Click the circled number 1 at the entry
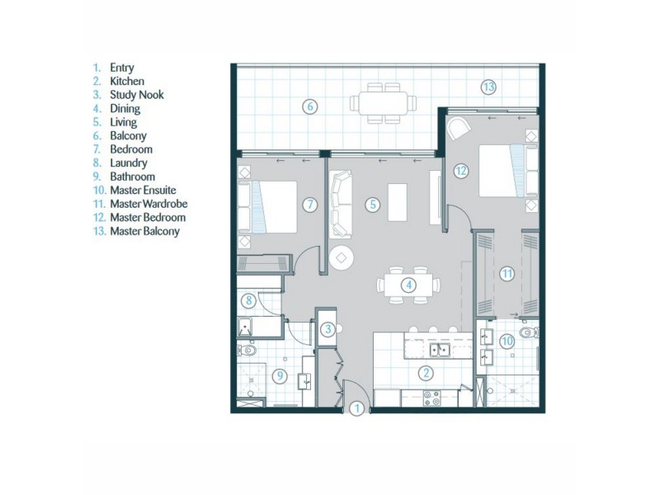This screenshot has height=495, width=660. tap(357, 408)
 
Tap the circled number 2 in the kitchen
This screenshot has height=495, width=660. tap(426, 373)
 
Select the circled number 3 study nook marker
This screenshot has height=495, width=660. tap(328, 330)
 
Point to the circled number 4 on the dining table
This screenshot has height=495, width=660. tap(408, 285)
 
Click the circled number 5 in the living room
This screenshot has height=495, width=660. tap(373, 204)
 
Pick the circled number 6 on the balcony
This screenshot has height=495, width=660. tap(310, 106)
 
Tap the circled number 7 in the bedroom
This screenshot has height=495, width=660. tap(309, 204)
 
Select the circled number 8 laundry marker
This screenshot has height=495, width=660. tap(247, 301)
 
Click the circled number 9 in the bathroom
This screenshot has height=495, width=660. tap(280, 376)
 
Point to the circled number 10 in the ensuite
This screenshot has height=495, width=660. tap(508, 340)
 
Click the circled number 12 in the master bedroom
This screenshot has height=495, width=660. tap(460, 171)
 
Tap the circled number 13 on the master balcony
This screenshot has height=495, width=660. tap(488, 86)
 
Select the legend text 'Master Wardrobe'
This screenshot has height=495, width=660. tap(147, 204)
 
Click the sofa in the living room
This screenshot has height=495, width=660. tap(341, 204)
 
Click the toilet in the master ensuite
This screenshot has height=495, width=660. tap(532, 334)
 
